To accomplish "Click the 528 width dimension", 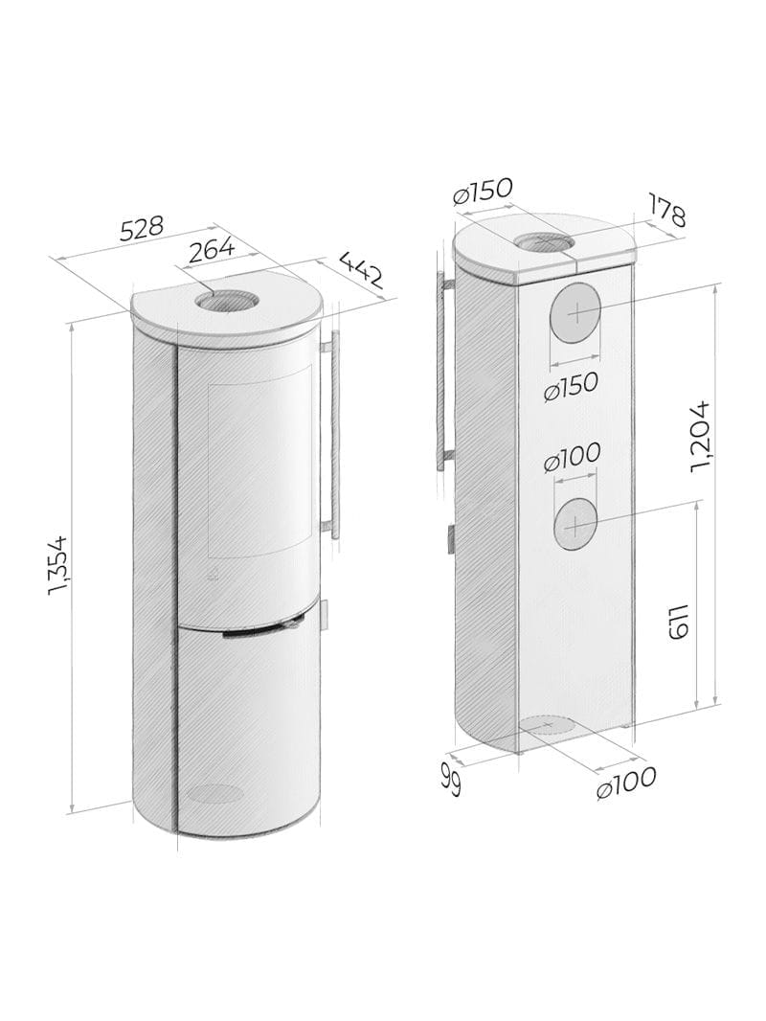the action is coord(141,229).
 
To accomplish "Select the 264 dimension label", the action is coord(211,250).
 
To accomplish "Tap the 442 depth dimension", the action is coord(361,268).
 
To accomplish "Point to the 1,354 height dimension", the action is coord(58,565).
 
